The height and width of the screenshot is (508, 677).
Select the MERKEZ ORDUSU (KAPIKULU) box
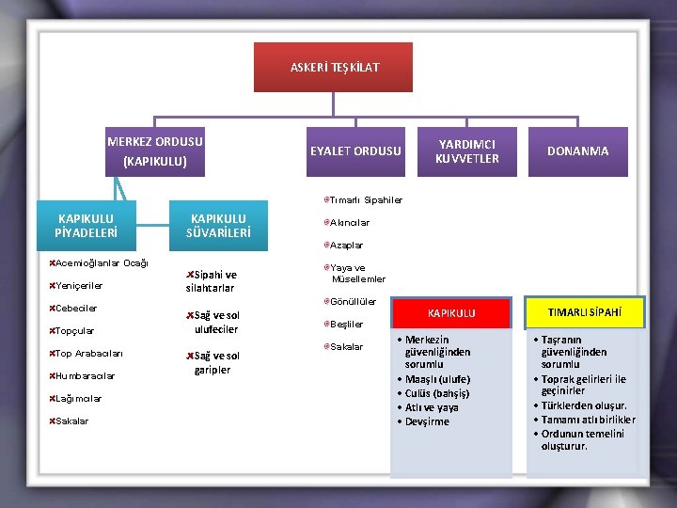click(155, 151)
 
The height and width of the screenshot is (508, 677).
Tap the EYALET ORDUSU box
click(355, 151)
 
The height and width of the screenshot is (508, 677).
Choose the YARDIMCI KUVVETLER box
click(467, 151)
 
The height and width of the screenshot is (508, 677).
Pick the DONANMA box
click(577, 151)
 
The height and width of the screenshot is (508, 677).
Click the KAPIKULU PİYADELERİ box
click(86, 226)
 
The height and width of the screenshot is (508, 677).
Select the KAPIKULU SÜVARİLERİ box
click(218, 226)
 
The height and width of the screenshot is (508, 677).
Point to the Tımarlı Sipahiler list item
click(365, 200)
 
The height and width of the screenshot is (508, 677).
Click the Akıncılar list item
click(349, 223)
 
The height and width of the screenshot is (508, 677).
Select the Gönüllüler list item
click(353, 302)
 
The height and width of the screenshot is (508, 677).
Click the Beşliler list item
click(346, 325)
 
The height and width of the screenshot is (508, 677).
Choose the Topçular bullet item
click(74, 331)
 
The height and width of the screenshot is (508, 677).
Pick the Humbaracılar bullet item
click(85, 376)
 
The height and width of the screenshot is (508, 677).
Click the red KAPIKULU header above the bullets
click(451, 312)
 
